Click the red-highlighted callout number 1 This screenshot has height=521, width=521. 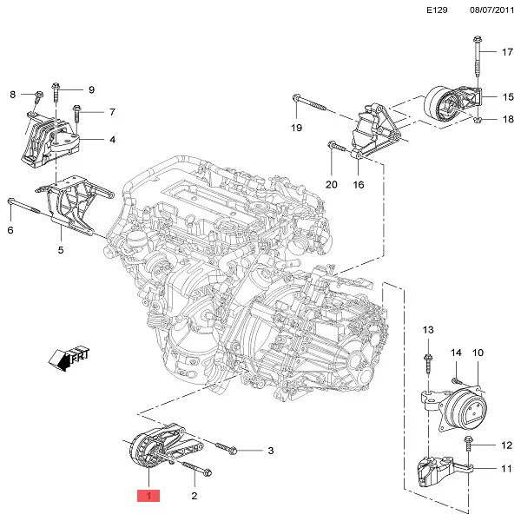[x=148, y=497]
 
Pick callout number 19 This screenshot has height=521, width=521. [x=296, y=129]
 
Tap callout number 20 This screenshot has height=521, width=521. [x=331, y=184]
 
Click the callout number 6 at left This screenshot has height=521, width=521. [x=10, y=230]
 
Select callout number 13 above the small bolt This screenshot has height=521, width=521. [x=427, y=331]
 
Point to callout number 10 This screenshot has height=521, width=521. [x=478, y=353]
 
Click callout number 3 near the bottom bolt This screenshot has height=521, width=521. [x=270, y=451]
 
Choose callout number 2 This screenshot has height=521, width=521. [x=194, y=497]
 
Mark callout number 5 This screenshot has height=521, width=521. [x=61, y=251]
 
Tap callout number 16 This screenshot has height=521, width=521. [x=357, y=184]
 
